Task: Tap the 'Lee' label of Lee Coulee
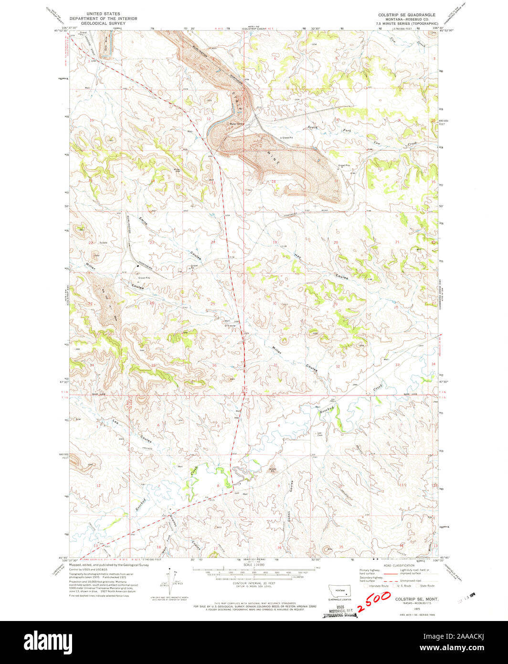[115, 421]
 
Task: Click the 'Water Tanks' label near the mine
[237, 124]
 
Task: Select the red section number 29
[336, 303]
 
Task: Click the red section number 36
[214, 365]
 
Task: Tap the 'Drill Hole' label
[230, 326]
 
